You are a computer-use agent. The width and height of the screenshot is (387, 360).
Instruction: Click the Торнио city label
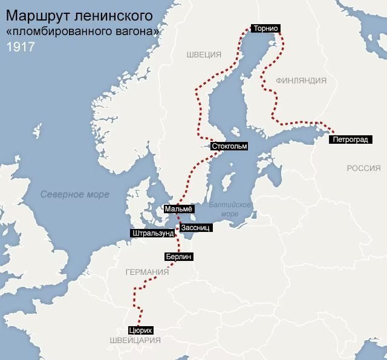click(267, 28)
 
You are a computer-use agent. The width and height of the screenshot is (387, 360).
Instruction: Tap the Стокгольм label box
click(231, 146)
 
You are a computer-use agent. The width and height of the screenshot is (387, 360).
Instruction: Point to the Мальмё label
click(178, 209)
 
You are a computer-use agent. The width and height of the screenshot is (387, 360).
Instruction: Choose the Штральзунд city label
click(152, 233)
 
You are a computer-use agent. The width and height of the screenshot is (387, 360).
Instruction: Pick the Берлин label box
click(178, 257)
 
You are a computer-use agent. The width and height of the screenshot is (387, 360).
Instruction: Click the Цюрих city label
click(140, 330)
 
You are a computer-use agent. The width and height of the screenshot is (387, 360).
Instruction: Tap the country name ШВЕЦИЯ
click(204, 55)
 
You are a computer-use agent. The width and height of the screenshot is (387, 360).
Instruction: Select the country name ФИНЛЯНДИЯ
click(301, 80)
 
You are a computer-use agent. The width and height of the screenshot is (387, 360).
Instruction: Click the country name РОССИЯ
click(363, 168)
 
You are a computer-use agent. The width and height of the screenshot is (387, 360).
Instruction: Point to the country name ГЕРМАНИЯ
click(147, 272)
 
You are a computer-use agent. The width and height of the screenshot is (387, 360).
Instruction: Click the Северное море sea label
click(75, 194)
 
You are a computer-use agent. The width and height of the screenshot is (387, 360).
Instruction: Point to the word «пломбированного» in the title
click(54, 31)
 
